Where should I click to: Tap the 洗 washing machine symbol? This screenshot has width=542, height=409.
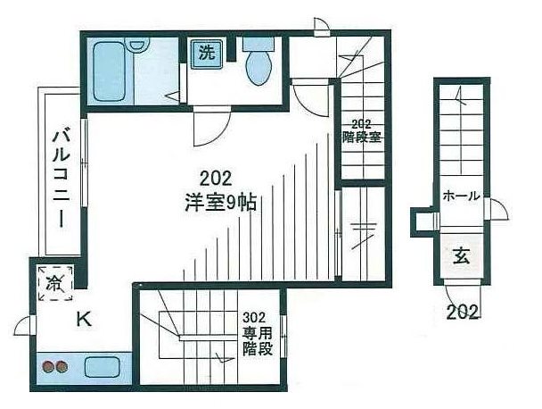[207, 53]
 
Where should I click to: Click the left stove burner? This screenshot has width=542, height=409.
[47, 366]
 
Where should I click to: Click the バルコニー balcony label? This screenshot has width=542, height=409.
[61, 179]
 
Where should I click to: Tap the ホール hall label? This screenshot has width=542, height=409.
[461, 196]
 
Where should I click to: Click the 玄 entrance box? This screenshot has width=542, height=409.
[462, 257]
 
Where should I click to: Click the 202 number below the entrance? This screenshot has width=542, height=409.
[464, 313]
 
